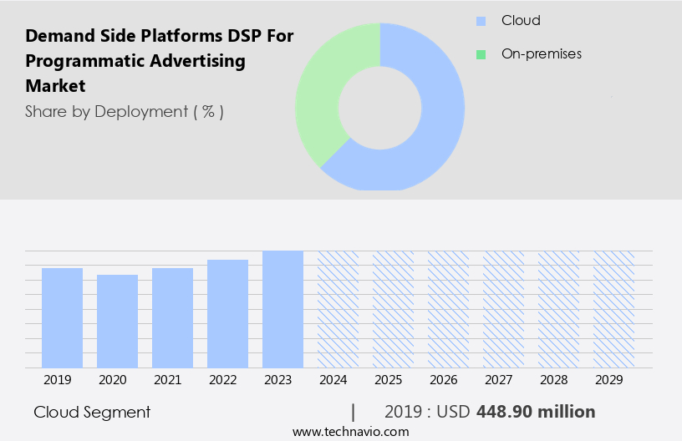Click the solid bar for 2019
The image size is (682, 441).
tap(62, 317)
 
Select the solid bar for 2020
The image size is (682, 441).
tap(117, 321)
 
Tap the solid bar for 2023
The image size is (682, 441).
tap(282, 309)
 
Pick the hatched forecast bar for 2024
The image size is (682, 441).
tap(338, 309)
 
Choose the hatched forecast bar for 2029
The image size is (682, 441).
tap(613, 309)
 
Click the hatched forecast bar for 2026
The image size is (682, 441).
tap(448, 309)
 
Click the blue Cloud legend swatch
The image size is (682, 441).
tap(481, 21)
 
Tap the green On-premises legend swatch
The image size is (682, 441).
tap(481, 54)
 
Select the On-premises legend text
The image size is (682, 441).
tap(541, 54)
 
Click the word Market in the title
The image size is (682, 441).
tap(55, 86)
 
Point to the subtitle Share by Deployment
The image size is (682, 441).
tap(124, 111)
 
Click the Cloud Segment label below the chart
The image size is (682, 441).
tap(92, 412)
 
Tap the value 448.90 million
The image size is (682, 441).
tap(536, 412)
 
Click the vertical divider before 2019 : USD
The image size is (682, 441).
tap(354, 412)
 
